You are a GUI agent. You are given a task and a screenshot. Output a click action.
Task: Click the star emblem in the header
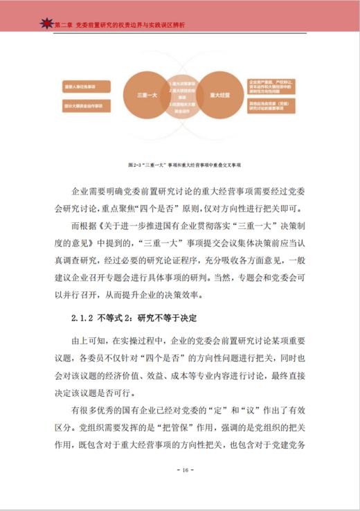pos(46,24)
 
